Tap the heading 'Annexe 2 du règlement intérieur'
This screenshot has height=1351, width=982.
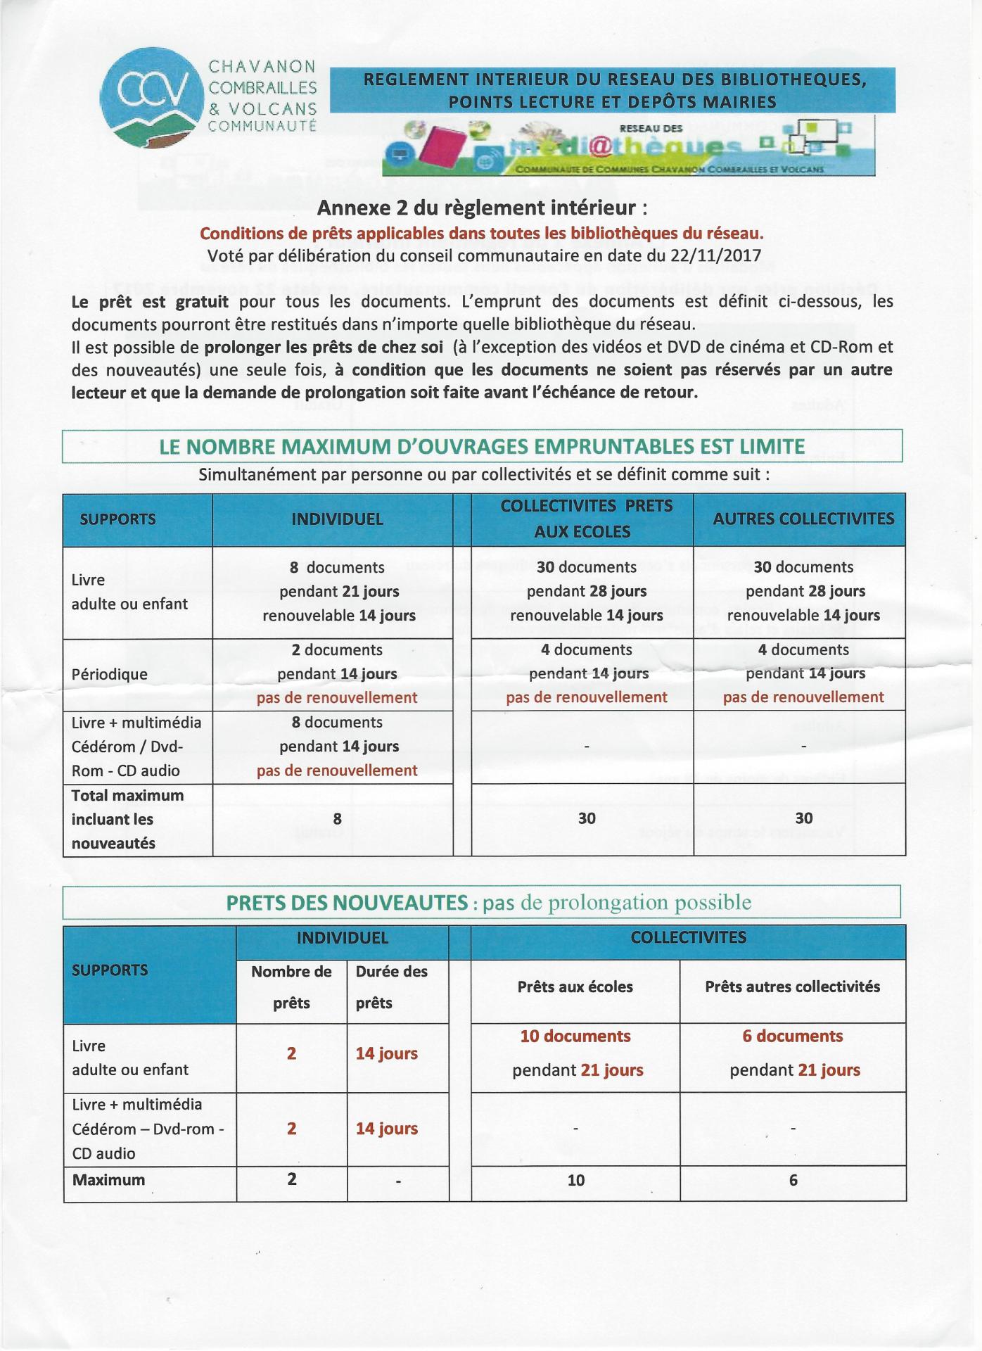click(x=482, y=208)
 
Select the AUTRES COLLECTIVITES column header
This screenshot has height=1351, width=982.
click(x=803, y=519)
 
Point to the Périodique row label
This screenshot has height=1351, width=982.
click(x=110, y=674)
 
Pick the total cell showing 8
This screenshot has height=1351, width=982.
click(x=338, y=818)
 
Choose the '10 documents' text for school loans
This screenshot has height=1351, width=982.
click(x=575, y=1036)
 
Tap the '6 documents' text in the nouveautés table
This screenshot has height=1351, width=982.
click(x=793, y=1036)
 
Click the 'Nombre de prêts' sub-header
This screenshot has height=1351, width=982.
click(x=291, y=987)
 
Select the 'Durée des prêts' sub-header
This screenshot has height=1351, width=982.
click(x=391, y=987)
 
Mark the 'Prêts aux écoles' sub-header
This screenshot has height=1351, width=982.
click(x=575, y=987)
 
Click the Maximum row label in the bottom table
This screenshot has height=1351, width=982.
click(x=109, y=1180)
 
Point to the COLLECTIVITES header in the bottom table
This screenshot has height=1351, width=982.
click(x=688, y=938)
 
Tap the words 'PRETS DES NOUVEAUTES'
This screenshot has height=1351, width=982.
click(x=347, y=903)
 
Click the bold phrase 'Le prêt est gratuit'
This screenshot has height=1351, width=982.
click(x=150, y=302)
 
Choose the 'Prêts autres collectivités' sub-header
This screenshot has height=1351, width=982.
click(x=793, y=987)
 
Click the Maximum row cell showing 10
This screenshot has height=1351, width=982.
click(x=575, y=1181)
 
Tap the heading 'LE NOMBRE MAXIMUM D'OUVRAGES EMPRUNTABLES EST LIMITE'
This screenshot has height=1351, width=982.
click(x=482, y=447)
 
